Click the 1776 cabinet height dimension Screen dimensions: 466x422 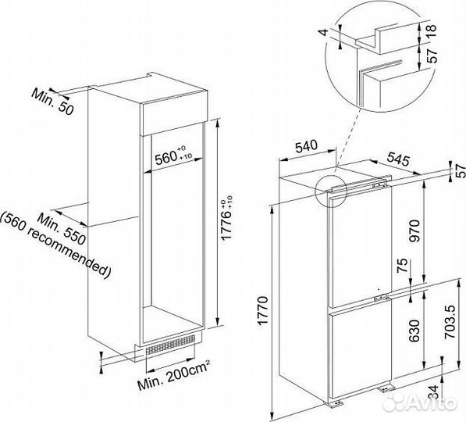point(226,217)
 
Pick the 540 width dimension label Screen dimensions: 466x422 point(307,146)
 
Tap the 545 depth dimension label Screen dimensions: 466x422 point(398,160)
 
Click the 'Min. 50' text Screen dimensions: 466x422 point(52,102)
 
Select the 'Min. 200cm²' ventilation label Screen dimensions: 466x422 point(174,374)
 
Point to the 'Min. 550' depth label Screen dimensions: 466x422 point(62,230)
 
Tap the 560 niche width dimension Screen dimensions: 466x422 point(173,156)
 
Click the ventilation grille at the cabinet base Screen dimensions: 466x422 point(170,345)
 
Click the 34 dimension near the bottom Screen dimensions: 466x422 point(433,393)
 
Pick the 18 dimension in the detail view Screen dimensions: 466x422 point(432,29)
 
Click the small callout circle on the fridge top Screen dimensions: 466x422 point(330,190)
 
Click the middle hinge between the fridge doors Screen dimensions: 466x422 point(381,297)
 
